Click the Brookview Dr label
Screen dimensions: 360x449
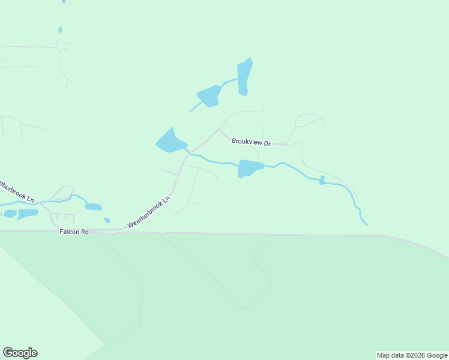252,142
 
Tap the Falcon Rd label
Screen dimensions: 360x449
74,232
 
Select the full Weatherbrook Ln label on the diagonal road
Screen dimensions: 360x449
149,212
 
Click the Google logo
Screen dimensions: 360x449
20,353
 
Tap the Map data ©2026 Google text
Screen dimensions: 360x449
412,355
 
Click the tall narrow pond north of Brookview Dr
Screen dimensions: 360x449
244,77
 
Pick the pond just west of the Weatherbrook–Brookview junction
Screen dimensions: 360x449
171,142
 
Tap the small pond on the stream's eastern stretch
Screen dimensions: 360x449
322,180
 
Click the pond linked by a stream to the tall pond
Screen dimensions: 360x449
209,95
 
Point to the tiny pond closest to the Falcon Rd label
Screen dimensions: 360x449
107,220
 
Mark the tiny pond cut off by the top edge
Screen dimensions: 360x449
64,2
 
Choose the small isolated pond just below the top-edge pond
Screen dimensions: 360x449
60,29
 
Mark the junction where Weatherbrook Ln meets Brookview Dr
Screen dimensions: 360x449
219,129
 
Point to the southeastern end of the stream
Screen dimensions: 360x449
366,224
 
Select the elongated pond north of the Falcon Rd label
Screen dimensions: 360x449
93,207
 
